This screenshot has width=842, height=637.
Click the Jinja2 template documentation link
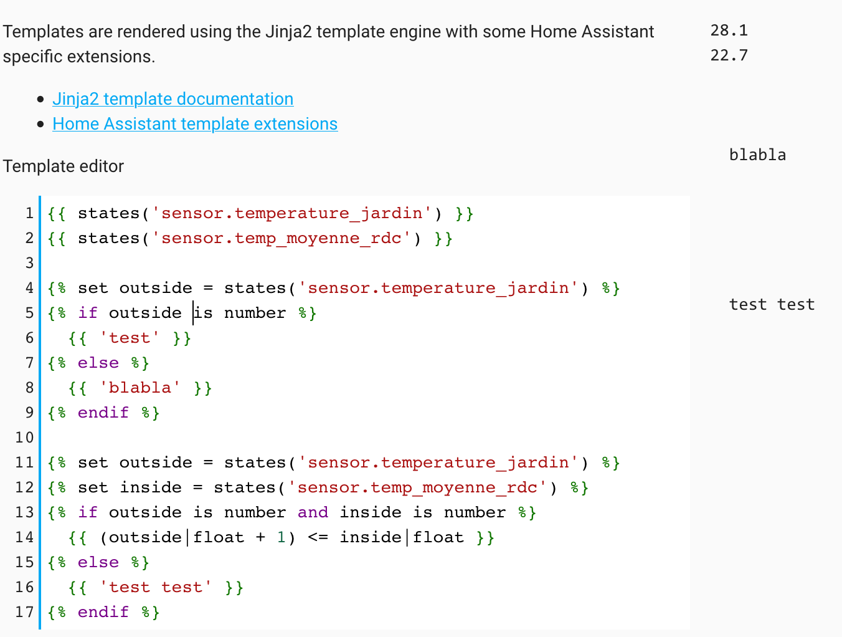173,99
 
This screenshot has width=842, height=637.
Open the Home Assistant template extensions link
195,124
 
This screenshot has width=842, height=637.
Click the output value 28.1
729,31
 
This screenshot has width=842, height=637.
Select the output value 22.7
729,55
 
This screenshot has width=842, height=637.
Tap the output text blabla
757,155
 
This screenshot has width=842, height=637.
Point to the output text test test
772,305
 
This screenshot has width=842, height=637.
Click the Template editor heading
63,166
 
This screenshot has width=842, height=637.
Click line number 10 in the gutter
24,438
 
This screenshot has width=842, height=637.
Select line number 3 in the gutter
29,263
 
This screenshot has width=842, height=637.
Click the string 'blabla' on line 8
140,388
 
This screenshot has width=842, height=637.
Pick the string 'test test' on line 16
156,587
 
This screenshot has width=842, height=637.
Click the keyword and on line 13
313,512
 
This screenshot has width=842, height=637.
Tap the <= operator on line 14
318,537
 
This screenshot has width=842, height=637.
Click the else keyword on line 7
98,363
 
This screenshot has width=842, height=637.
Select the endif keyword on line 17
103,612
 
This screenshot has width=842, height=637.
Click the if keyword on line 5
88,313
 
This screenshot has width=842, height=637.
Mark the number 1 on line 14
281,537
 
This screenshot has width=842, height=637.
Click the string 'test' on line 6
130,338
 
